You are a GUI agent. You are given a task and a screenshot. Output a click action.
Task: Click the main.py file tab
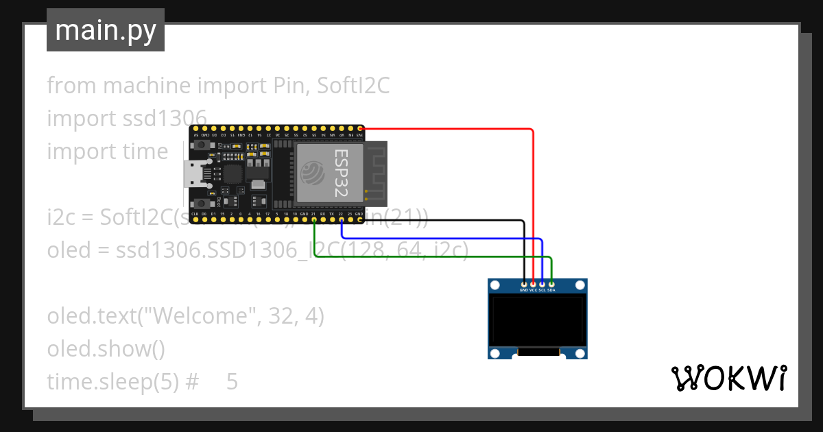(106, 31)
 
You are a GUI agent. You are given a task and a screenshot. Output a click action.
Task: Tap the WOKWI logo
(728, 378)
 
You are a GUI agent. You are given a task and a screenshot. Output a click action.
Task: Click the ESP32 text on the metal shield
(341, 173)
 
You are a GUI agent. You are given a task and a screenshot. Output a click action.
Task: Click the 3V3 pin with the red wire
(360, 128)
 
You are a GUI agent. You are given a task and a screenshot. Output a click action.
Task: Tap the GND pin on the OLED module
(525, 284)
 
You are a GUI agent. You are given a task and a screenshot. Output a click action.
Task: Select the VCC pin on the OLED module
(534, 284)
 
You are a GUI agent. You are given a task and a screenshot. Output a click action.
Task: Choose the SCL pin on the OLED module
(542, 284)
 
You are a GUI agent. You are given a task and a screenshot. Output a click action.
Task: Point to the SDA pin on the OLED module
(551, 284)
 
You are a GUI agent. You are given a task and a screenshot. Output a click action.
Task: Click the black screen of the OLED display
(538, 320)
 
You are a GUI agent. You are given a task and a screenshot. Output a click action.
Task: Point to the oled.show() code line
(106, 349)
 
